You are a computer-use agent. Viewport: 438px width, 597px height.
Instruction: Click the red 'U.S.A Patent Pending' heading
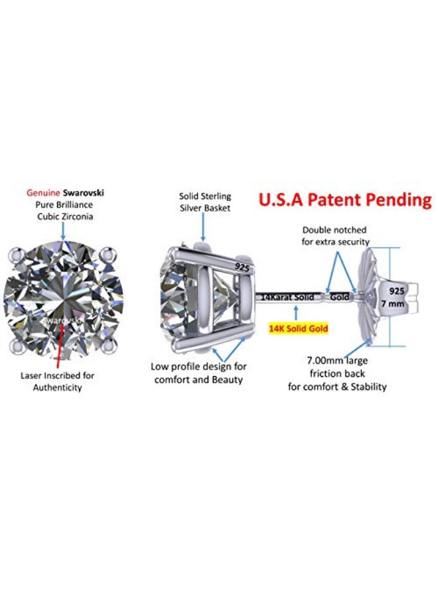pyautogui.click(x=345, y=200)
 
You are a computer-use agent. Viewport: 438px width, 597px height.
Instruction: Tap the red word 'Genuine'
pyautogui.click(x=43, y=192)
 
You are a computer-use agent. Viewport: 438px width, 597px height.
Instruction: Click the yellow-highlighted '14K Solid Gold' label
pyautogui.click(x=298, y=328)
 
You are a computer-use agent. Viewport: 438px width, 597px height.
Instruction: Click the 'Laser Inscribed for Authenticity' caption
pyautogui.click(x=58, y=381)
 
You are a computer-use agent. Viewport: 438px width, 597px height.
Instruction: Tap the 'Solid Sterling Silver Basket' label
pyautogui.click(x=205, y=202)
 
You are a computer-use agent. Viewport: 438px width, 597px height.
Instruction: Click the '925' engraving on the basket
pyautogui.click(x=242, y=267)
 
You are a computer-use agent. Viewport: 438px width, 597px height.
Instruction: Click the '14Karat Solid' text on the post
pyautogui.click(x=287, y=297)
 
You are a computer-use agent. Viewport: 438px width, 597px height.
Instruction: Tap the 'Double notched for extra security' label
pyautogui.click(x=335, y=235)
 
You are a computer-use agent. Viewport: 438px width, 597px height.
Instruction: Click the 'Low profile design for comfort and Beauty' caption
pyautogui.click(x=198, y=373)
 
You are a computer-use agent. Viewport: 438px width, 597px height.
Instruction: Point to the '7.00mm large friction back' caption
pyautogui.click(x=337, y=367)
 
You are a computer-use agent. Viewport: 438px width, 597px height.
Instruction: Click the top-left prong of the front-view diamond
pyautogui.click(x=16, y=254)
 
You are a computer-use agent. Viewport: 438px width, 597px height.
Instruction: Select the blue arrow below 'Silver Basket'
pyautogui.click(x=204, y=227)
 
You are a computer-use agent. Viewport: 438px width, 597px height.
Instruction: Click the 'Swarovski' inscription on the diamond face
pyautogui.click(x=62, y=320)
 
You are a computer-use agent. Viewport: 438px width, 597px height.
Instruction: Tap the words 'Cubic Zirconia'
pyautogui.click(x=65, y=217)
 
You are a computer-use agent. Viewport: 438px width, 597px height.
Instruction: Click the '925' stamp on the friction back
pyautogui.click(x=396, y=291)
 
